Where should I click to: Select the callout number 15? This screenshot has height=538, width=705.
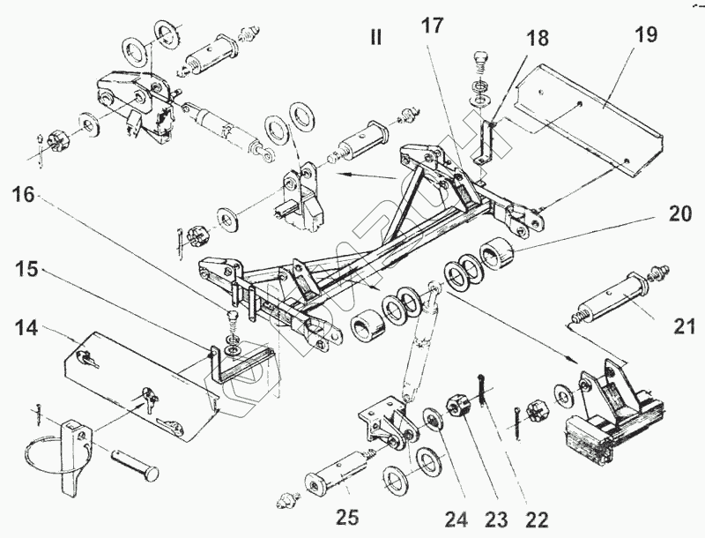click(26, 268)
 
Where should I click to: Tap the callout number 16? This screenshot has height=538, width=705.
click(26, 196)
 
